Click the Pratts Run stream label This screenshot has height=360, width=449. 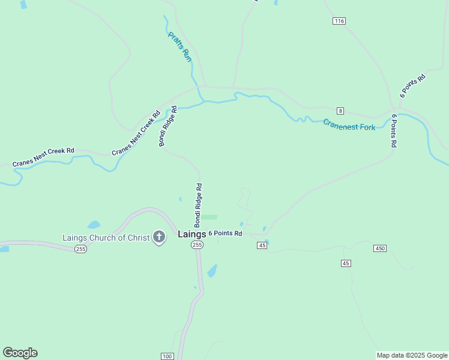point(179,47)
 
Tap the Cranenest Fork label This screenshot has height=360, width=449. point(349,125)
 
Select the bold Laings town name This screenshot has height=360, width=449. point(192,234)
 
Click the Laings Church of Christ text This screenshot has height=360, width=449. point(106,238)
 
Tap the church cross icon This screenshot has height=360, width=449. point(159,238)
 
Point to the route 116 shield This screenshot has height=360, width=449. point(339,21)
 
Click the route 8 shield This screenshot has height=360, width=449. point(340,111)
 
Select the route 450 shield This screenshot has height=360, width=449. point(379,248)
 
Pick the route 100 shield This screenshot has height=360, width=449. point(167,356)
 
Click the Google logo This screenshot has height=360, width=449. point(20,353)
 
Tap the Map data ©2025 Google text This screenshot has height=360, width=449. point(412,355)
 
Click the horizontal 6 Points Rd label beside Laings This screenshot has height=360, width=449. point(225,233)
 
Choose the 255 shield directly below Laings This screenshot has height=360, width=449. point(197,245)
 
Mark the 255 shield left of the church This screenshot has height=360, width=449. point(81,249)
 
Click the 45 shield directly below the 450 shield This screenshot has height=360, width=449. point(345,263)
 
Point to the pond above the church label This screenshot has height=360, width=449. point(94,226)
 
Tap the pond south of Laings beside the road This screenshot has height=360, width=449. point(212,271)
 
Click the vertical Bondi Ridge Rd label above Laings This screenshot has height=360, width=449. point(199,205)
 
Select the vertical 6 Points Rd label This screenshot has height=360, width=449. point(394,130)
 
